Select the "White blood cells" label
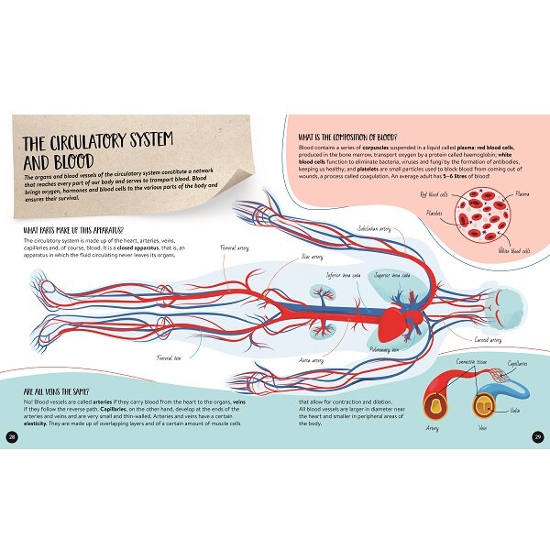514,250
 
